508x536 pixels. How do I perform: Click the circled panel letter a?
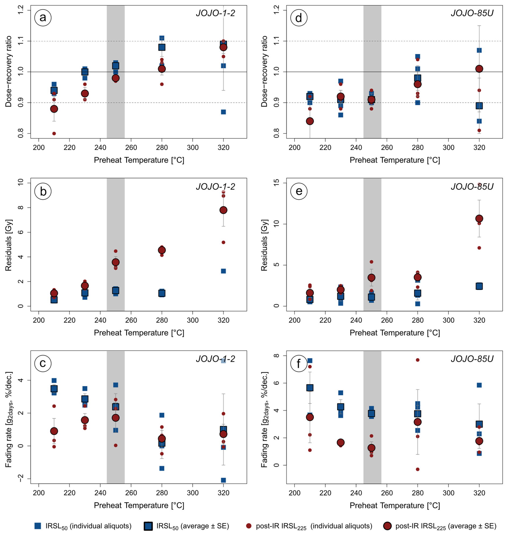[x=43, y=18]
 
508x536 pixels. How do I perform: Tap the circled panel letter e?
[x=299, y=191]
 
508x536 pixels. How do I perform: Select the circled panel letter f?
[x=299, y=364]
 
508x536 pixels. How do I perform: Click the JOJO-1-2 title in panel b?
[x=215, y=186]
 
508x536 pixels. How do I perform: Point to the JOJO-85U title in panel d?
[x=472, y=13]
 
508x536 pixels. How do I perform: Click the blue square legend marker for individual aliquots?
[x=38, y=526]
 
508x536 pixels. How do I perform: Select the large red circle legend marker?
[x=387, y=526]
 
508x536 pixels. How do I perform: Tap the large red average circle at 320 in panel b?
[x=223, y=210]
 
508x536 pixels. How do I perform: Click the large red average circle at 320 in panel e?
[x=479, y=218]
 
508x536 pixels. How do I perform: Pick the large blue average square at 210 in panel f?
[x=310, y=387]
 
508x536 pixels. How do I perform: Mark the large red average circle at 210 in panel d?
[x=310, y=121]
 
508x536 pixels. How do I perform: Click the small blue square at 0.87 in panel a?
[x=223, y=112]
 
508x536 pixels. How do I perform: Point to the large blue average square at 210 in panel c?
[x=54, y=389]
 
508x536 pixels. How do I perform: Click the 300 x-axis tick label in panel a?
[x=193, y=148]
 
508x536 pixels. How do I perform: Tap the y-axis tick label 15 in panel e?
[x=277, y=183]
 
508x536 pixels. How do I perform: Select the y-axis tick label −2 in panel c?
[x=21, y=478]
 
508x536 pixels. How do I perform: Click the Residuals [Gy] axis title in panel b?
[x=8, y=245]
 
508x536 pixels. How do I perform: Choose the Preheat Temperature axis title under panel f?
[x=394, y=505]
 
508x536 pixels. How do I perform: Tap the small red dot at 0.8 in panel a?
[x=54, y=133]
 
